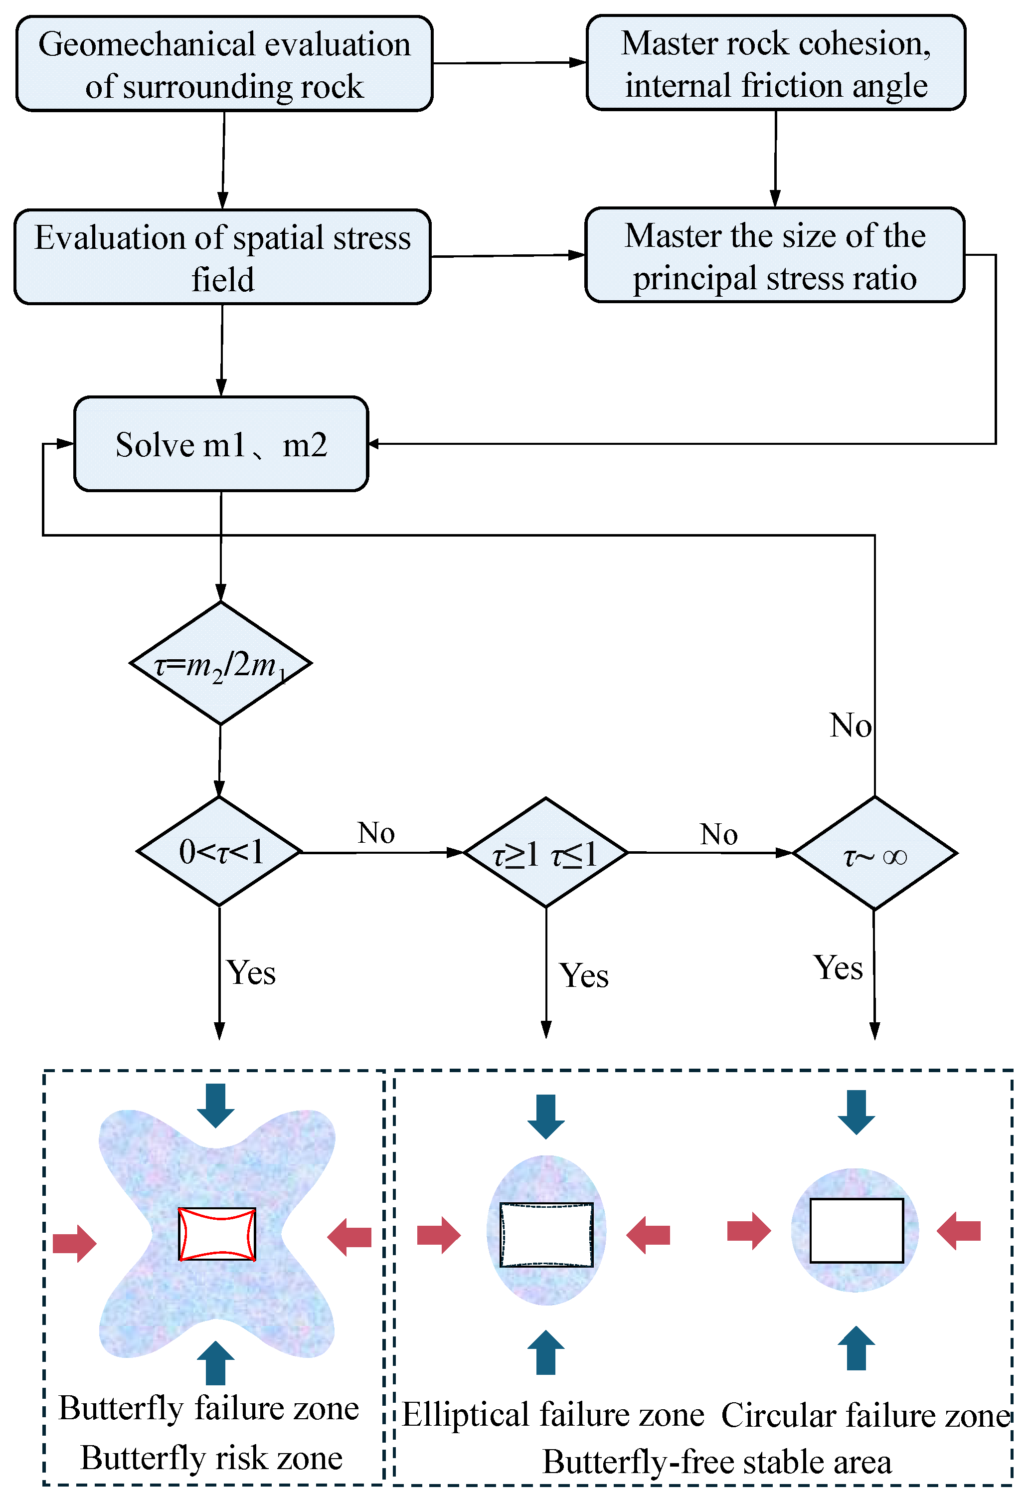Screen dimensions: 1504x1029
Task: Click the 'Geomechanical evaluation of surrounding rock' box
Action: [x=224, y=64]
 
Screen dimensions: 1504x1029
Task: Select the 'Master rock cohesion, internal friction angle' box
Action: [x=775, y=63]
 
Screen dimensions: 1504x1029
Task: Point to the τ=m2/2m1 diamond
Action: [x=221, y=663]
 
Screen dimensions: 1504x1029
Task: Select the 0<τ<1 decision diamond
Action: [x=219, y=852]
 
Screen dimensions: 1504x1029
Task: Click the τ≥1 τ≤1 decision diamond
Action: [x=545, y=853]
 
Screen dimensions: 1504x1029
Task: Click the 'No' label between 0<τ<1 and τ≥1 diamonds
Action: [x=376, y=833]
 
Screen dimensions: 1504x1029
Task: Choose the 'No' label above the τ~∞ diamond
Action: [x=851, y=726]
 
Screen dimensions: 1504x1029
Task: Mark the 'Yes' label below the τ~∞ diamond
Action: [x=838, y=968]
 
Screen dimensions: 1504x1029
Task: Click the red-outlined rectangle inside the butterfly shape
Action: [x=217, y=1234]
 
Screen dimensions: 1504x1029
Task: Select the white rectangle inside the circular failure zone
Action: [x=856, y=1230]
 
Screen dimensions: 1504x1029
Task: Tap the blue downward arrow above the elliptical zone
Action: [x=545, y=1117]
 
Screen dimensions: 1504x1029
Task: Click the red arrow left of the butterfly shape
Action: [x=74, y=1243]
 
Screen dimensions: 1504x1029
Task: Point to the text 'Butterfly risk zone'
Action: [x=211, y=1459]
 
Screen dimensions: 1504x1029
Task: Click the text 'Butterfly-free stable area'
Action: [x=716, y=1463]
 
